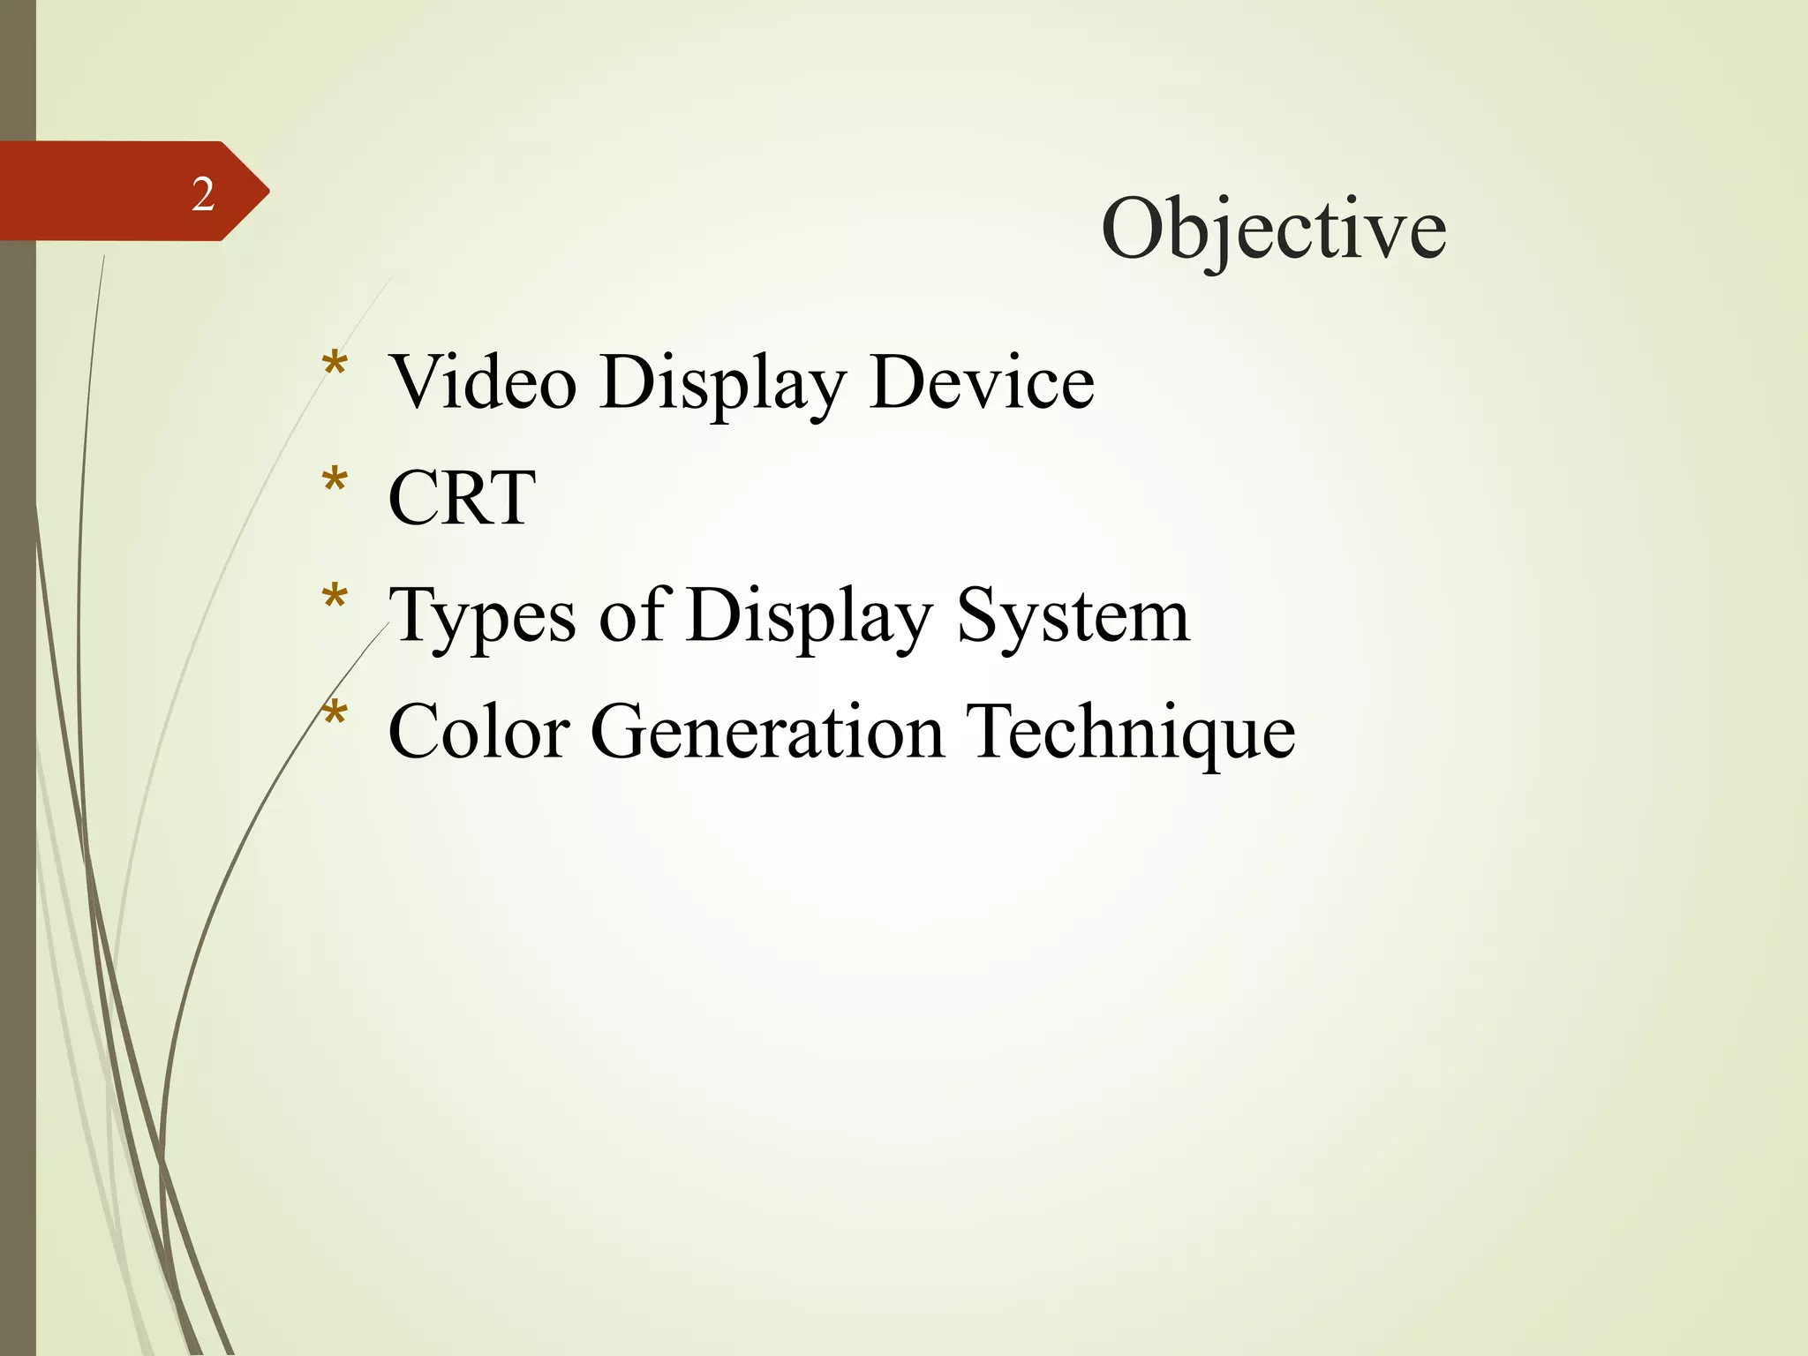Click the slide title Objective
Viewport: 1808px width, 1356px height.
pyautogui.click(x=1273, y=230)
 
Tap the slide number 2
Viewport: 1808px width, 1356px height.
pyautogui.click(x=203, y=194)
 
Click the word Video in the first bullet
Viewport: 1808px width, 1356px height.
pyautogui.click(x=483, y=383)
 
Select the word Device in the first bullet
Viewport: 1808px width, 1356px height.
pyautogui.click(x=982, y=383)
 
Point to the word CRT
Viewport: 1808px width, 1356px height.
pyautogui.click(x=462, y=498)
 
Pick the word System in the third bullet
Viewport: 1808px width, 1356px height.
pyautogui.click(x=1073, y=616)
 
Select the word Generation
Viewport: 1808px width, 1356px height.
pyautogui.click(x=767, y=732)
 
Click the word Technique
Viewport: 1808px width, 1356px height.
pyautogui.click(x=1130, y=732)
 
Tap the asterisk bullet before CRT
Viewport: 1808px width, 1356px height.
pyautogui.click(x=335, y=482)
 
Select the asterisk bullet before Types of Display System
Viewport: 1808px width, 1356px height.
pyautogui.click(x=335, y=599)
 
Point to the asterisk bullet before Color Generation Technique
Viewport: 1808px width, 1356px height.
pyautogui.click(x=335, y=715)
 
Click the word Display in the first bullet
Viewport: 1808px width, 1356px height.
pyautogui.click(x=722, y=383)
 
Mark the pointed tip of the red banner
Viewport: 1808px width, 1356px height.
pyautogui.click(x=267, y=191)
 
